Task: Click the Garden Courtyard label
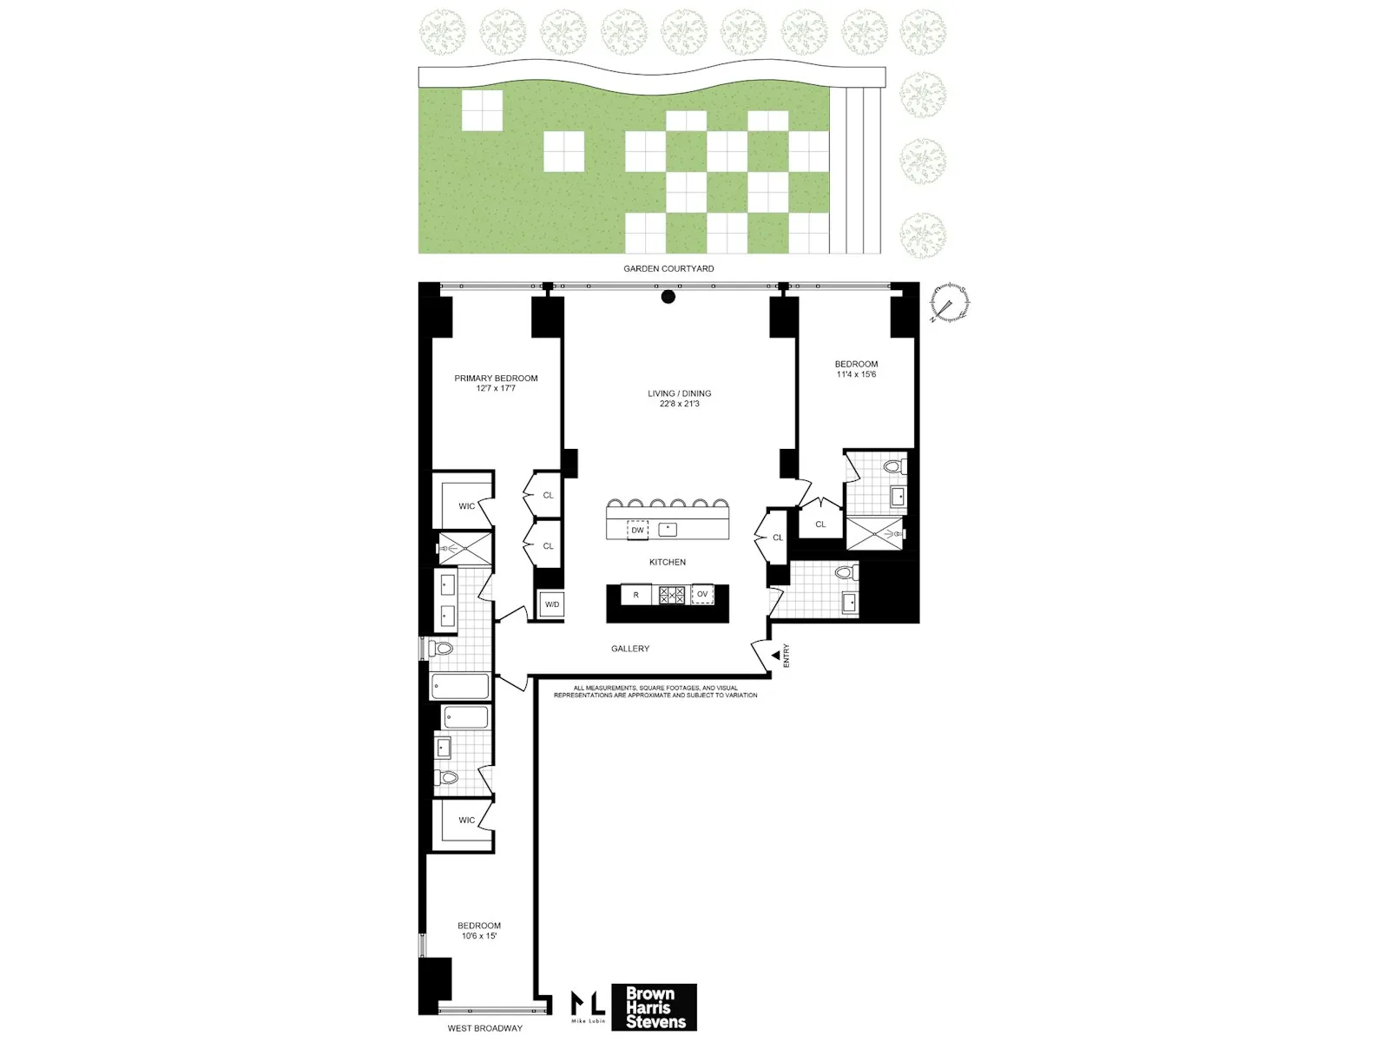tap(668, 268)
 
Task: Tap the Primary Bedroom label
tap(496, 379)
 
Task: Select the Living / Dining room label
tap(679, 393)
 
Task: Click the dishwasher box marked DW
tap(637, 530)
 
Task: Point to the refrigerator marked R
tap(635, 595)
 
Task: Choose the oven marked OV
tap(702, 595)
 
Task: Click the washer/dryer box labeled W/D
tap(552, 604)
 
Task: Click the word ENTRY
tap(787, 655)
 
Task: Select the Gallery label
tap(630, 649)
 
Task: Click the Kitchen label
tap(668, 562)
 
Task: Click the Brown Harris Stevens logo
tap(655, 1007)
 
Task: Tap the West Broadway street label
tap(484, 1028)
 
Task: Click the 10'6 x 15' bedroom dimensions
tap(478, 936)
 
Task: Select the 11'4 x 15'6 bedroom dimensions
tap(856, 374)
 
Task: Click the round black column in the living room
tap(668, 297)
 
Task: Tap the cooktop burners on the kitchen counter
tap(672, 595)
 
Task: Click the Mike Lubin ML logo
tap(588, 1006)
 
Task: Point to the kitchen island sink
tap(667, 529)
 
